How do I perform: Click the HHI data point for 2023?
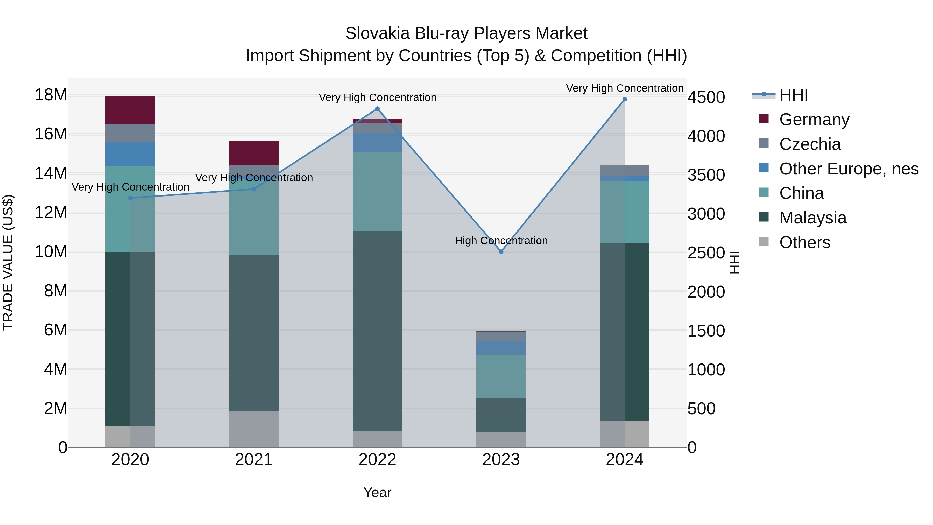click(x=501, y=251)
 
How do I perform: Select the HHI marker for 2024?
click(x=624, y=99)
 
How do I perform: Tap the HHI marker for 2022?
click(x=377, y=109)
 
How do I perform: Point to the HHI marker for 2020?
click(x=130, y=198)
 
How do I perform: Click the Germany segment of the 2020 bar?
click(x=130, y=110)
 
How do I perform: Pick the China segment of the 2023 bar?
click(x=501, y=376)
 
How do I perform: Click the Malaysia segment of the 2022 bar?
click(x=377, y=331)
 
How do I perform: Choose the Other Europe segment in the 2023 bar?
click(x=501, y=348)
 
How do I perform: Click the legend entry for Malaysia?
click(x=813, y=218)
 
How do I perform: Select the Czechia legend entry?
click(x=810, y=144)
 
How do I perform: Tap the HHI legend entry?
click(x=793, y=95)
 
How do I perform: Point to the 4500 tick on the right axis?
click(x=706, y=97)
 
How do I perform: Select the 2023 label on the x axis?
click(x=501, y=460)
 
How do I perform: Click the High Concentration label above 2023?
click(x=501, y=241)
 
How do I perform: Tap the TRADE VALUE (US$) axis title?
click(x=8, y=262)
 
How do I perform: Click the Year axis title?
click(x=377, y=492)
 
